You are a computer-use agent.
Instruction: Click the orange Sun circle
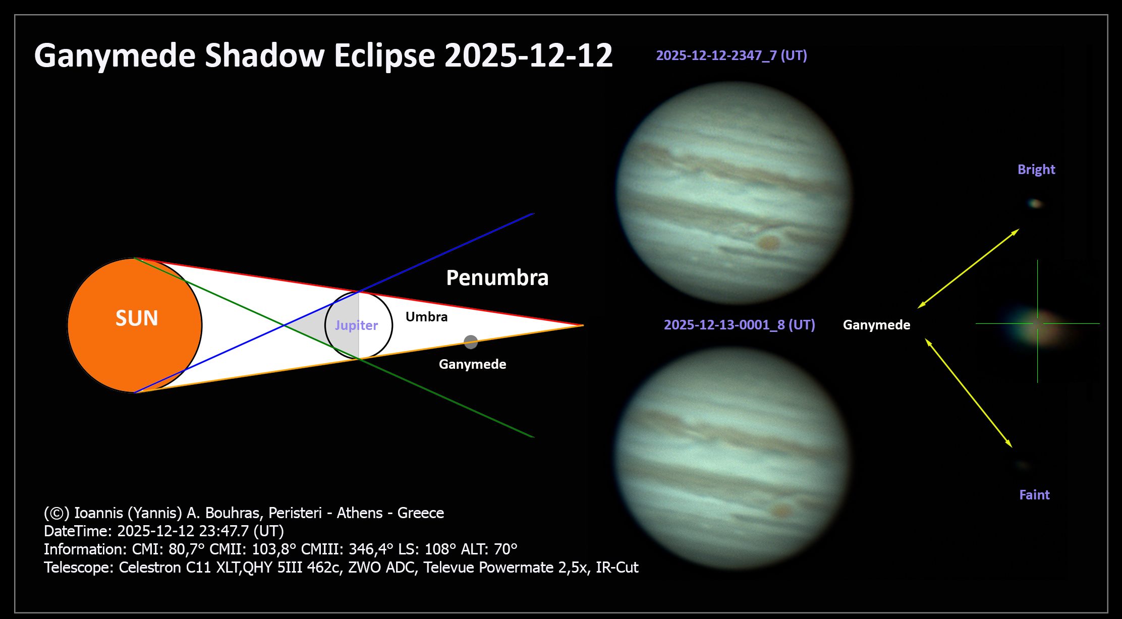click(x=135, y=325)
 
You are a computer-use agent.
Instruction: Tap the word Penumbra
click(x=497, y=278)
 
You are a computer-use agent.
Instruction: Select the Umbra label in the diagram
click(x=426, y=317)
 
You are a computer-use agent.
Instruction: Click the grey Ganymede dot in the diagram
click(x=471, y=342)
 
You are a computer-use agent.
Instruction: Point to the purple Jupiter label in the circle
click(x=356, y=325)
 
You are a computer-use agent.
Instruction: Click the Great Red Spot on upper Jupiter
click(x=768, y=243)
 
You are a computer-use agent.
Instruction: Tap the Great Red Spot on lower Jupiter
click(x=781, y=511)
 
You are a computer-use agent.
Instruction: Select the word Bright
click(x=1036, y=170)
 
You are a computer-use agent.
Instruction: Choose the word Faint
click(x=1034, y=495)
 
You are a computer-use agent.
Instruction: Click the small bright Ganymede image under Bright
click(x=1035, y=204)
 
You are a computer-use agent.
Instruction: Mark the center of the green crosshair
click(x=1037, y=323)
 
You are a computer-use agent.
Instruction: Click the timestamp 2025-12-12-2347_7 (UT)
click(x=732, y=55)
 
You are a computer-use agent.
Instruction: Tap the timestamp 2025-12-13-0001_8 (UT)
click(x=740, y=325)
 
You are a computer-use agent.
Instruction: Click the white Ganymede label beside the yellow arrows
click(x=877, y=325)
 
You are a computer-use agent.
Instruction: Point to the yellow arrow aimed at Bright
click(x=968, y=268)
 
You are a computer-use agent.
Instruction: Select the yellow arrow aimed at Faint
click(x=969, y=393)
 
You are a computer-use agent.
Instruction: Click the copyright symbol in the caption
click(x=57, y=513)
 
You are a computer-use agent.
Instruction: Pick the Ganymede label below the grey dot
click(x=472, y=364)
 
